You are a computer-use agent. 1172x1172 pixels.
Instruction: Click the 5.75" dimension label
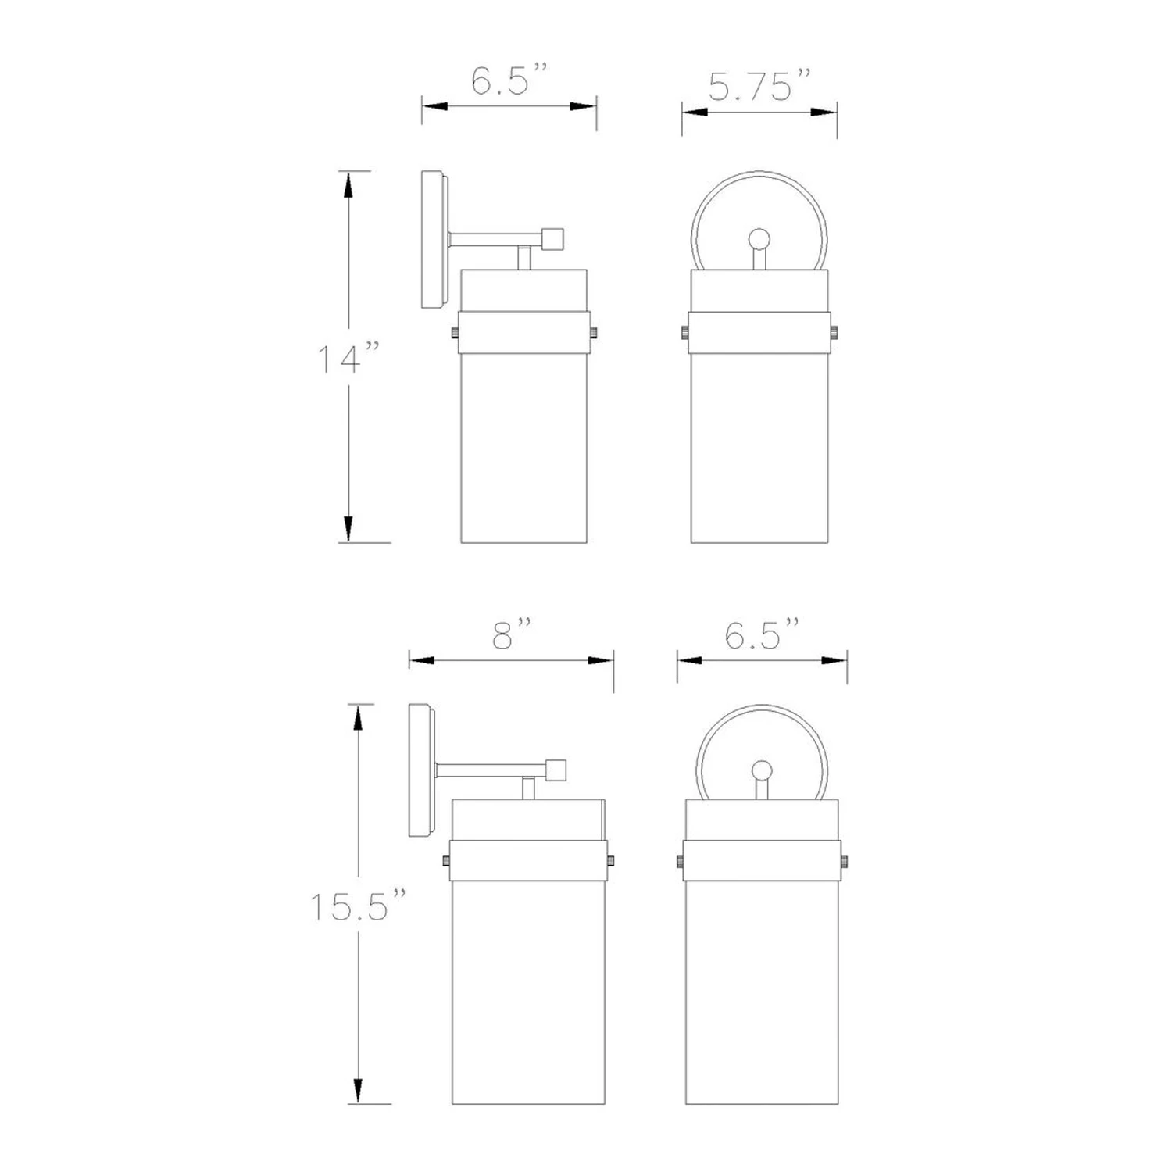click(760, 85)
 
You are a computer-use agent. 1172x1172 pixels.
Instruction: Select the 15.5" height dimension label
click(359, 906)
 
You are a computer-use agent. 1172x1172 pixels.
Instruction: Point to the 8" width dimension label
click(512, 634)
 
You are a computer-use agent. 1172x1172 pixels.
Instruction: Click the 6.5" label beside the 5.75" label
click(509, 80)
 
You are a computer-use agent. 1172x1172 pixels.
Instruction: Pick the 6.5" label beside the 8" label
click(762, 634)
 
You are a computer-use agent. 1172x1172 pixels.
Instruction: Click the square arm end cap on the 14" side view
click(553, 238)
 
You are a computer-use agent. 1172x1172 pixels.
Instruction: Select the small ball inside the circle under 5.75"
click(759, 239)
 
